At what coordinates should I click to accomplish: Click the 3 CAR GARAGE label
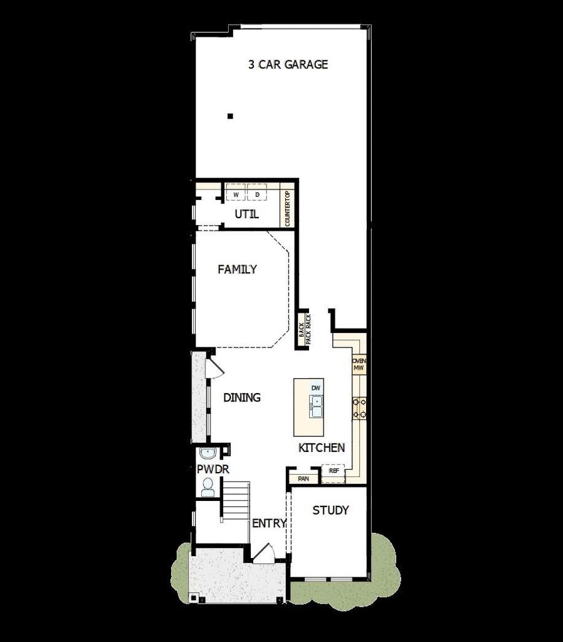click(x=288, y=65)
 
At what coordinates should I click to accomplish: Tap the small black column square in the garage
click(x=230, y=116)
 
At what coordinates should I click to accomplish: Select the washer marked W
click(x=236, y=192)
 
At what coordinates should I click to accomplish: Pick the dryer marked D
click(x=257, y=192)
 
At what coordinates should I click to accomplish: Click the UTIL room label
click(x=246, y=214)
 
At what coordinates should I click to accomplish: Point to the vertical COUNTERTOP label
click(x=287, y=208)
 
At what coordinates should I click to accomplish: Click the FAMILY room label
click(x=237, y=269)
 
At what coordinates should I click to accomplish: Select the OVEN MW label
click(x=359, y=364)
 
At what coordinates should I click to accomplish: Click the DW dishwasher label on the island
click(x=316, y=387)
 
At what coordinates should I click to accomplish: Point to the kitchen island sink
click(x=316, y=406)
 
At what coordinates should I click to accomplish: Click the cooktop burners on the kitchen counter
click(x=359, y=409)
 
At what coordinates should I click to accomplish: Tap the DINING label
click(x=241, y=397)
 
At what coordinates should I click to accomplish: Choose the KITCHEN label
click(x=322, y=448)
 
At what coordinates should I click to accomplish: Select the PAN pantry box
click(x=303, y=478)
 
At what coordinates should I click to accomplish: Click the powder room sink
click(x=208, y=454)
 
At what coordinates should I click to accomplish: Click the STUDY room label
click(x=330, y=510)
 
